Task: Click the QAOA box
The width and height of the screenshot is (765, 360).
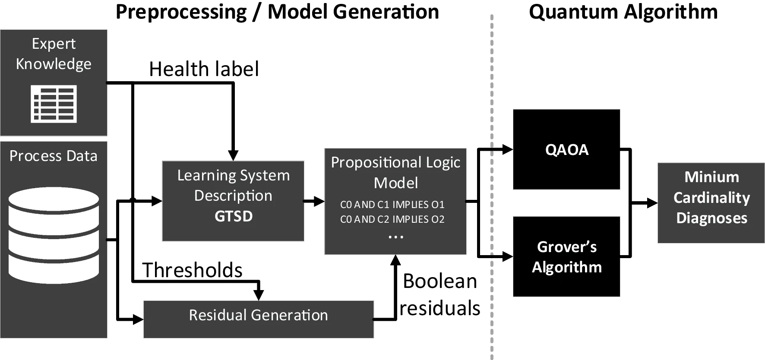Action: (566, 149)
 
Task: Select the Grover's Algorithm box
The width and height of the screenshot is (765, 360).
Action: (566, 256)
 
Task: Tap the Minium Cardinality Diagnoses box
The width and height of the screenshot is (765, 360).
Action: (711, 203)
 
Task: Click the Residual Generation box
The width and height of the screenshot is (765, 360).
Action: (258, 319)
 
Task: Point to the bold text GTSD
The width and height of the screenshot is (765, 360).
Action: (233, 216)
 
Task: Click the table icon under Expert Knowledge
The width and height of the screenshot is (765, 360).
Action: (54, 104)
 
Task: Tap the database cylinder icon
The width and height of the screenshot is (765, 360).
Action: (54, 235)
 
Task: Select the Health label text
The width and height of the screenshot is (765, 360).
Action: (204, 69)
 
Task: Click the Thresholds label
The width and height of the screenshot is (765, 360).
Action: (192, 270)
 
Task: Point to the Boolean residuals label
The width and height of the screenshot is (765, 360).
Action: (439, 294)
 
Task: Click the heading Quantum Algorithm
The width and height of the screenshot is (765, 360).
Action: (623, 12)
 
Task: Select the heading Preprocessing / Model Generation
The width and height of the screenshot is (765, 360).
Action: (277, 12)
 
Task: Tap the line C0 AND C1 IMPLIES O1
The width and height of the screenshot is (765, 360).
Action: (392, 204)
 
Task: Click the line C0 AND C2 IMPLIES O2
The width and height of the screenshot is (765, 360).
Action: (392, 219)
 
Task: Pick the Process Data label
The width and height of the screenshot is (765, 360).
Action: (54, 156)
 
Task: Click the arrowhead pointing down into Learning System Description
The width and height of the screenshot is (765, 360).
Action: (233, 156)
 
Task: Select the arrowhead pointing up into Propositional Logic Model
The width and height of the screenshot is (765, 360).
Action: (395, 260)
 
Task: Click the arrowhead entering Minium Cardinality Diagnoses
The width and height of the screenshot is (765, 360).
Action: (652, 203)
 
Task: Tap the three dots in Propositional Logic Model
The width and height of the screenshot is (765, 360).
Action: (395, 237)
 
